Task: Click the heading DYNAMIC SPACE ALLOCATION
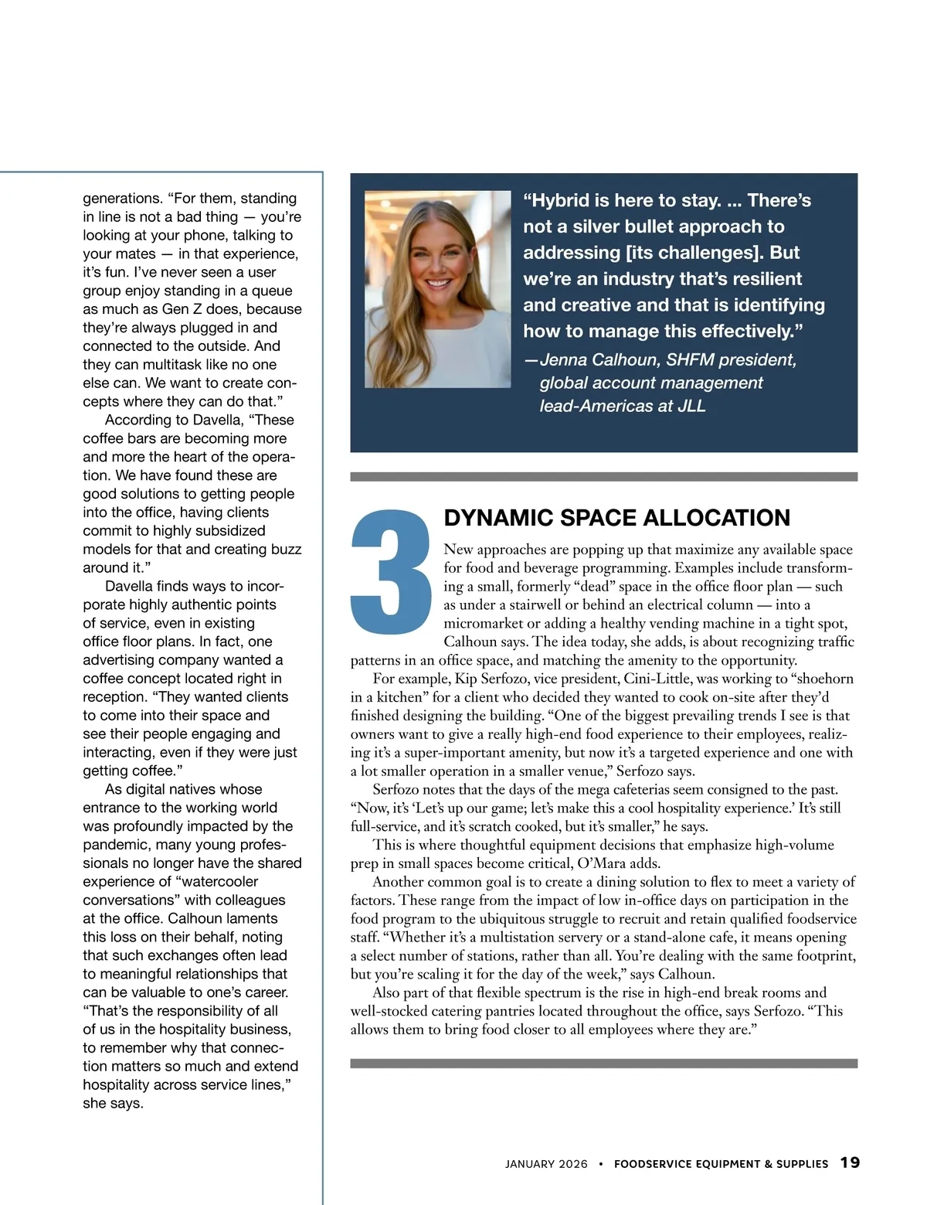616,518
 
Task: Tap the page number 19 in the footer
850,1162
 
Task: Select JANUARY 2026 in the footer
546,1164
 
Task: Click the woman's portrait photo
437,289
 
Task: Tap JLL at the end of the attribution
691,407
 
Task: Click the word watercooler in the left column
215,882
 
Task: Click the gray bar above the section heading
603,477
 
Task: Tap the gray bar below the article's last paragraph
603,1064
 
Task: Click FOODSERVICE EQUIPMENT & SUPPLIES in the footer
721,1164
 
